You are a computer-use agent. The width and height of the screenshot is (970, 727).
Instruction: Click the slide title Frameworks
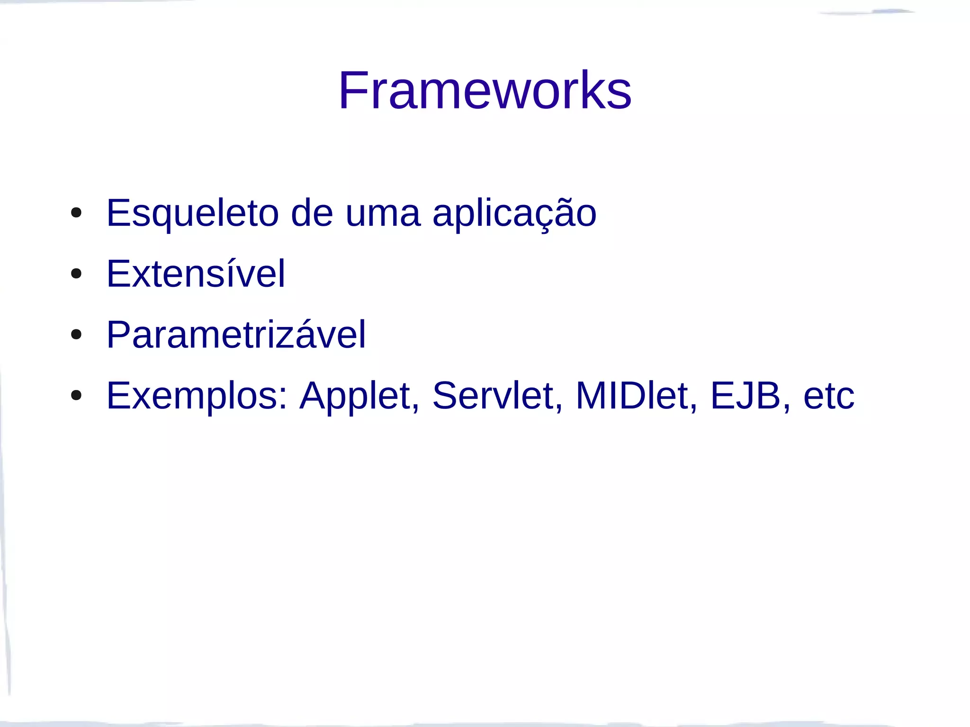point(485,90)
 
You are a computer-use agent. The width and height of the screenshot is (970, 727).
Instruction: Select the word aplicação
point(514,214)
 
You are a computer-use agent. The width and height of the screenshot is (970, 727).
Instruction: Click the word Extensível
point(196,274)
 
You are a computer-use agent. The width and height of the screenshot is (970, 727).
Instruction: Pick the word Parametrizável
point(236,335)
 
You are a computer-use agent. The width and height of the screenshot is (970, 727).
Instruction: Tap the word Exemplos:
point(197,396)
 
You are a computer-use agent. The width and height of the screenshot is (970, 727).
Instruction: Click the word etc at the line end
point(828,396)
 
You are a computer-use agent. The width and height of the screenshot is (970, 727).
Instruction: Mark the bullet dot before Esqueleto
point(76,213)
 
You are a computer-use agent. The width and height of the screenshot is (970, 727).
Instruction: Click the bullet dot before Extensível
point(76,274)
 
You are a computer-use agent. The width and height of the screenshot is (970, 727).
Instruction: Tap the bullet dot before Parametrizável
point(76,335)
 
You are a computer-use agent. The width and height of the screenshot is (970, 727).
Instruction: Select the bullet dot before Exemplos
point(76,395)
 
